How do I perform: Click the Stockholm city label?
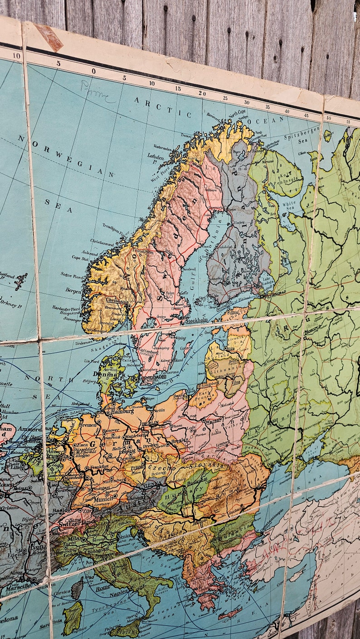point(197,320)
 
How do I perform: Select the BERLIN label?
point(150,423)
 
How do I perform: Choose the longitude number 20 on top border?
point(202,93)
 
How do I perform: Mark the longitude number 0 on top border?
point(94,71)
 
